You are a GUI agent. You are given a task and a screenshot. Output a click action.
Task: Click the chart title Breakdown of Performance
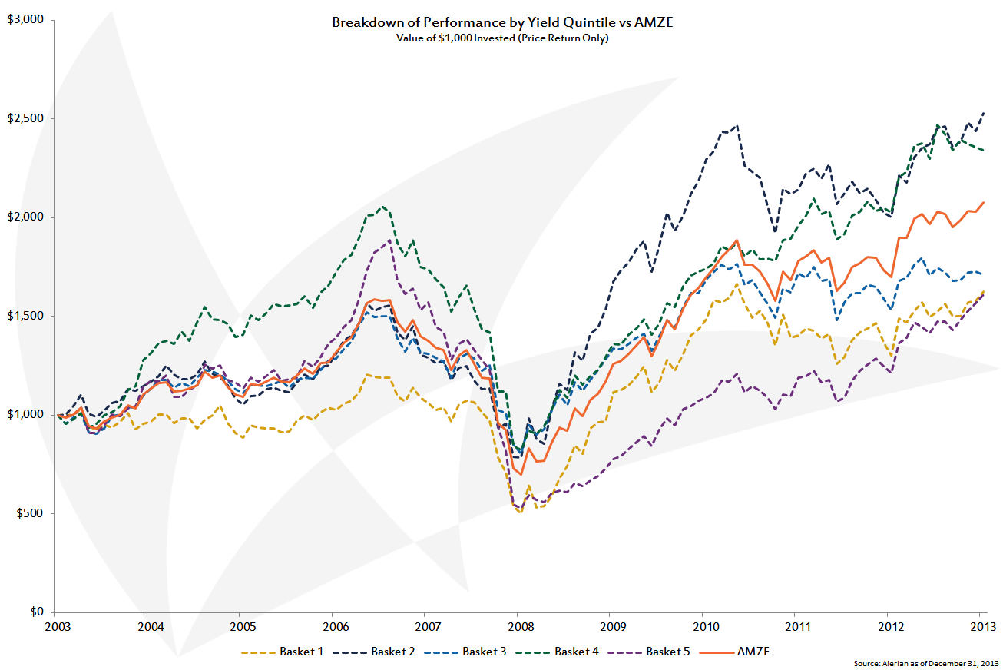(x=502, y=22)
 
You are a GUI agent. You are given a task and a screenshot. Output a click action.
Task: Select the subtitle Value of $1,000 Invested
(x=502, y=38)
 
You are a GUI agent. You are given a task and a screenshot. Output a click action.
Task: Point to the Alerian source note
(x=926, y=662)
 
